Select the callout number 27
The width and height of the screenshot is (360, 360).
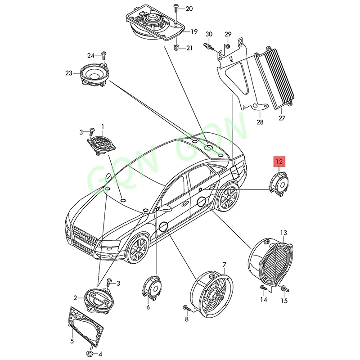pos(282,119)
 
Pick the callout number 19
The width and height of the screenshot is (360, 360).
pos(193,31)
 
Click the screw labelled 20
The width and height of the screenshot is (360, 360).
pos(175,9)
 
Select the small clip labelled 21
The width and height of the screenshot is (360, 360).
pos(176,47)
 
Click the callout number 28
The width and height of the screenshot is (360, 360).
pos(260,121)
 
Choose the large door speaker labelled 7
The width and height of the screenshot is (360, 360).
pos(211,293)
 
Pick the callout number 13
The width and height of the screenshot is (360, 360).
pos(283,233)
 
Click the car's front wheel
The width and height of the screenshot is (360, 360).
pos(137,249)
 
